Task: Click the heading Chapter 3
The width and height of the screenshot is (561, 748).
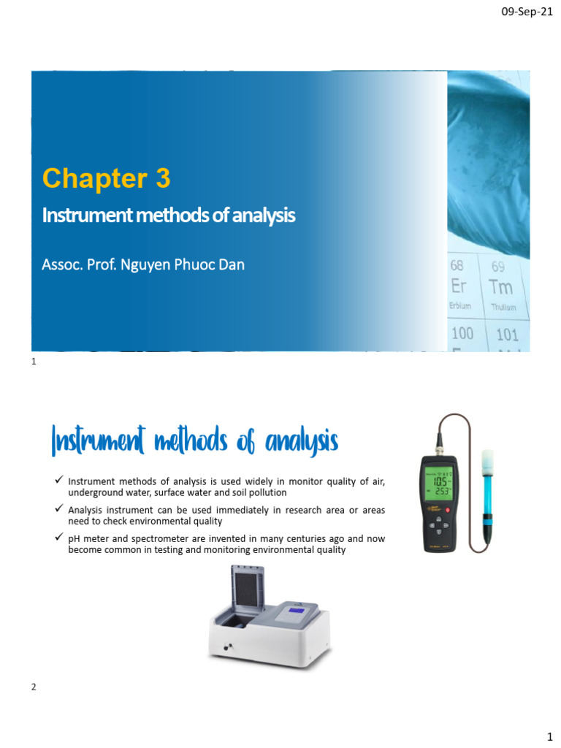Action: point(107,178)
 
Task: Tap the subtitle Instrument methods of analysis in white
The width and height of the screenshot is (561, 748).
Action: point(168,215)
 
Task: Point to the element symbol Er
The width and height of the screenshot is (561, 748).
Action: point(458,286)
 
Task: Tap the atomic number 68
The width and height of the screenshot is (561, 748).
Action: point(457,266)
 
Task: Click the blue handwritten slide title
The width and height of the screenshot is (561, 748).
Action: point(194,441)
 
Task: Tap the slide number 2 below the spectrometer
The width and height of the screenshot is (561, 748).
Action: point(34,687)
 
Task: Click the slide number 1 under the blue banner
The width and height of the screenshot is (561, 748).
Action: point(34,361)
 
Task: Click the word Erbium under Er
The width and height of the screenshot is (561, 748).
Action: point(460,305)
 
